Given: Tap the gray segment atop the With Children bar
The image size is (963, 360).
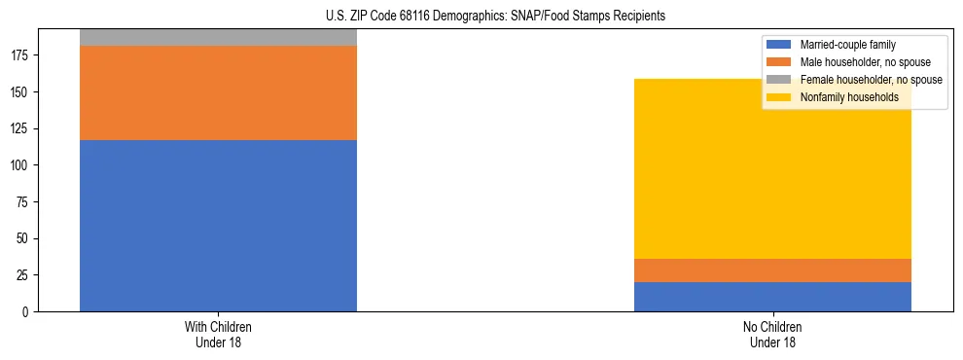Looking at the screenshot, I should (x=218, y=37).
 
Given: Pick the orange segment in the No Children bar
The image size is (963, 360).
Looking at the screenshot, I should (x=772, y=270).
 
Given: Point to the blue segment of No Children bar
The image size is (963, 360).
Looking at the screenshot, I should (x=772, y=297).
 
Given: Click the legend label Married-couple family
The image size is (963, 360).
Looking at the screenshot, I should (x=847, y=45).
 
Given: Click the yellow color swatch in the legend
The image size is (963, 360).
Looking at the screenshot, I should (x=779, y=97).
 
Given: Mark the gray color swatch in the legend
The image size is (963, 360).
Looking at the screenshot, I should (x=779, y=80).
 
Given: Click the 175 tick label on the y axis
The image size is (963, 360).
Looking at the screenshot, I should (x=22, y=55).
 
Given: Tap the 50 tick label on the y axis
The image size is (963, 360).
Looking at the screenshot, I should (x=25, y=238).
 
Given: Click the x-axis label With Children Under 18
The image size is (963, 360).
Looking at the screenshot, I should (x=218, y=334).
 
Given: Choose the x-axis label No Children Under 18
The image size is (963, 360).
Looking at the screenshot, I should (x=772, y=334).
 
